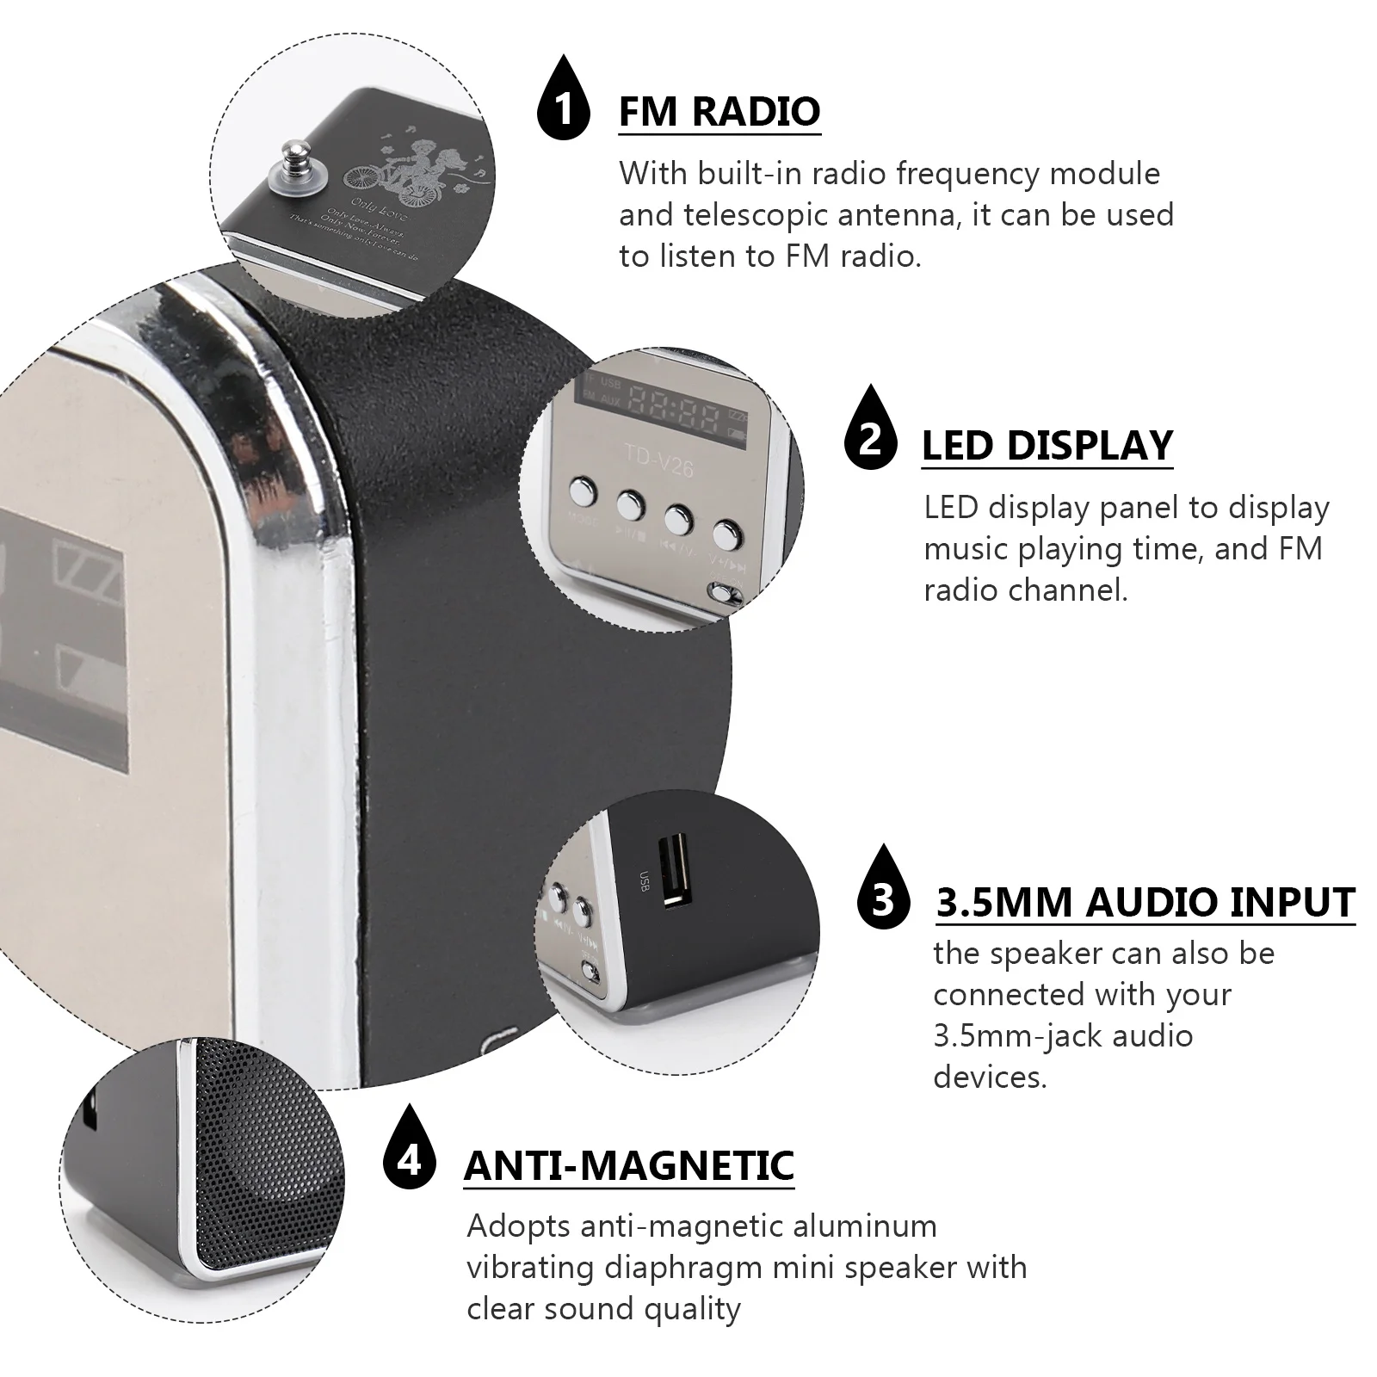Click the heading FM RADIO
tap(719, 112)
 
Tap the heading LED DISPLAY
tap(1047, 446)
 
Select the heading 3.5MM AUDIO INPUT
tap(1145, 902)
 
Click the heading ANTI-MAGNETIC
tap(628, 1165)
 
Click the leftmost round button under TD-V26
tap(583, 493)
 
